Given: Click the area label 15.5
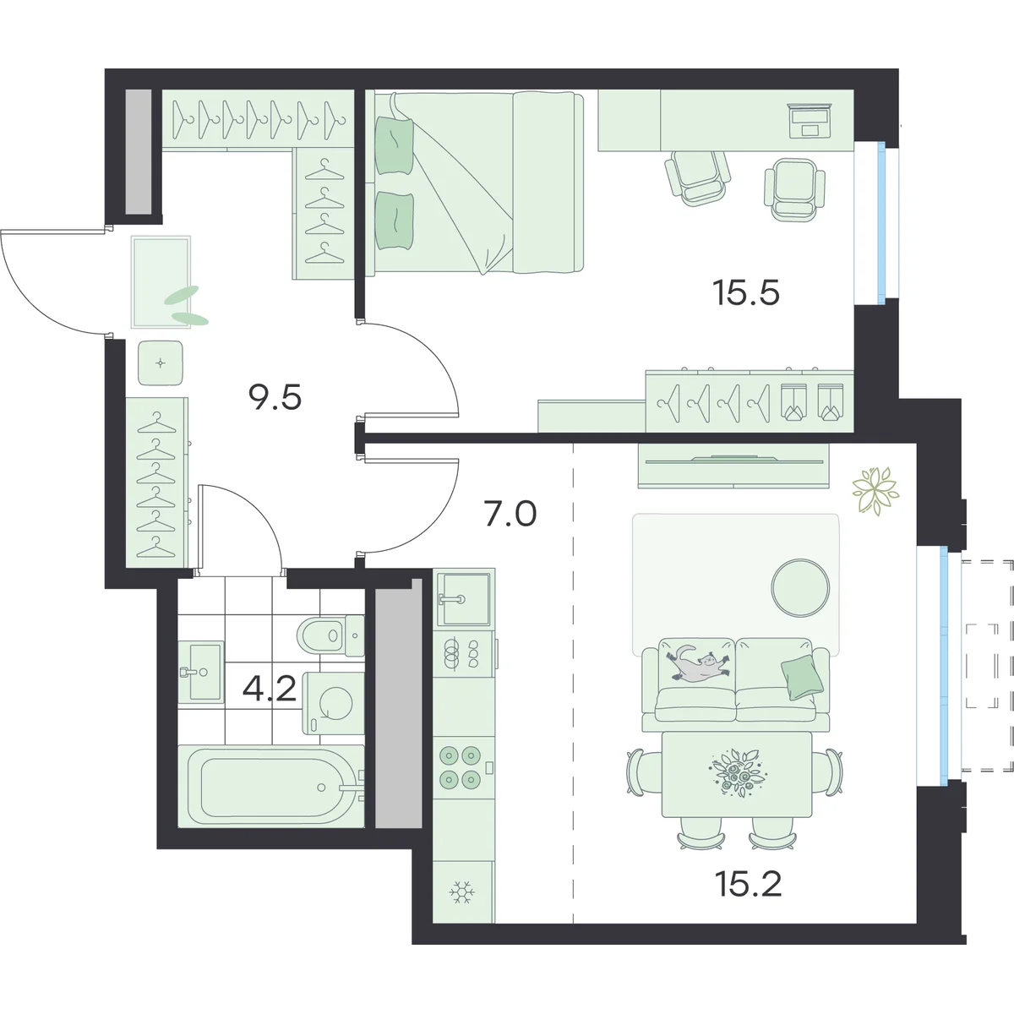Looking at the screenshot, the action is click(745, 293).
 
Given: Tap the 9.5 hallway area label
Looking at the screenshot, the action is click(275, 397).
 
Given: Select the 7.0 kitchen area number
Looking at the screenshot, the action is click(510, 514).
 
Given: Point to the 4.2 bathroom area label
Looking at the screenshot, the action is click(270, 689).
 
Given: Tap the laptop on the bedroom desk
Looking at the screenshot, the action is click(810, 120).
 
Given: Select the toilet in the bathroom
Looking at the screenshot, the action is click(330, 635).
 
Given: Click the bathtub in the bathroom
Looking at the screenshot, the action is click(271, 786).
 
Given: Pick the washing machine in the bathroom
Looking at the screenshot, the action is click(333, 704).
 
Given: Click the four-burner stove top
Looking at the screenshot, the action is click(460, 767).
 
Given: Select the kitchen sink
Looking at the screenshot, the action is click(463, 598).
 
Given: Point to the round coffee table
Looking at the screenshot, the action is click(800, 587).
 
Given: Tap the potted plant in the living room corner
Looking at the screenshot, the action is click(875, 490).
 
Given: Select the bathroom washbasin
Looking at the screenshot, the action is click(200, 672).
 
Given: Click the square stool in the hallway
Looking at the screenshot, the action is click(161, 363).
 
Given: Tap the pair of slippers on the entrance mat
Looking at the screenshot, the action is click(186, 306).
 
